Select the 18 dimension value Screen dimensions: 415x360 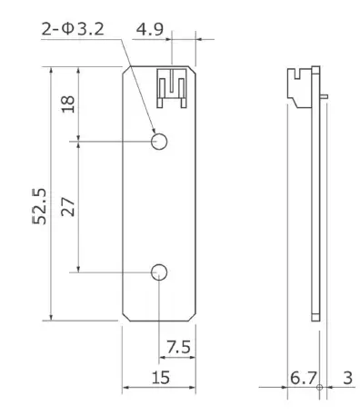(x=68, y=104)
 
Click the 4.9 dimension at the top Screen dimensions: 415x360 (x=149, y=29)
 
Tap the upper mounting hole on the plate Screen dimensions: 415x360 (x=160, y=142)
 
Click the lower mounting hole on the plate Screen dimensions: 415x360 (x=160, y=271)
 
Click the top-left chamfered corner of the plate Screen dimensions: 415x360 (x=126, y=72)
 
